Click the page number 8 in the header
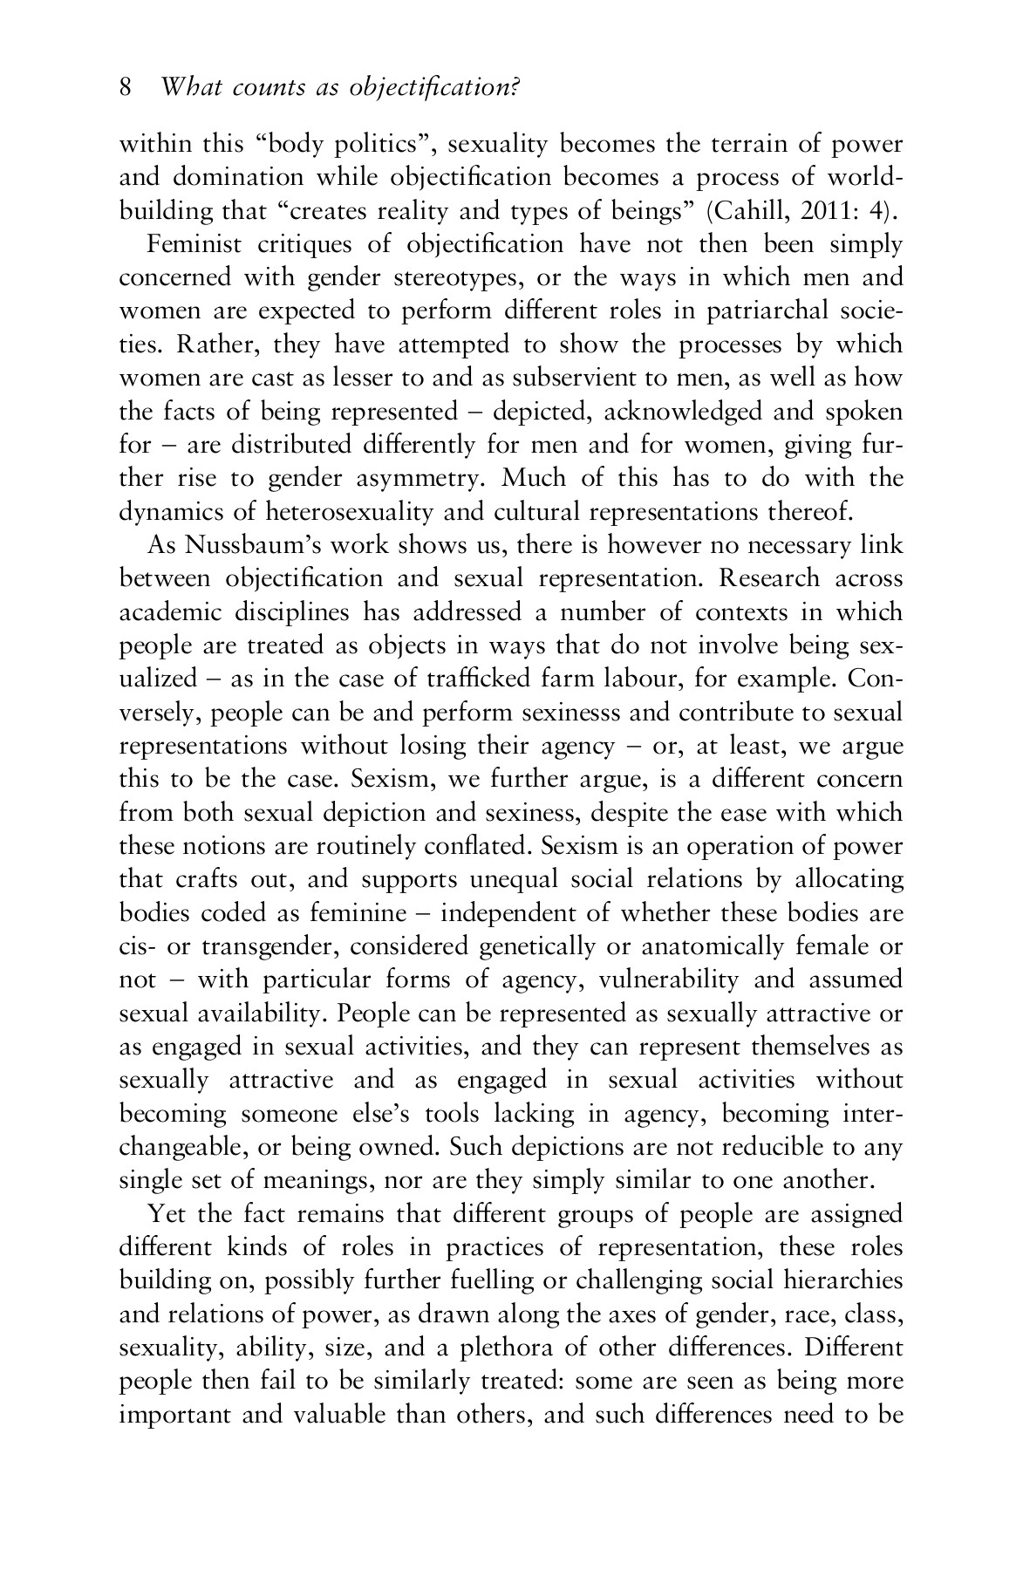(x=125, y=88)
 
